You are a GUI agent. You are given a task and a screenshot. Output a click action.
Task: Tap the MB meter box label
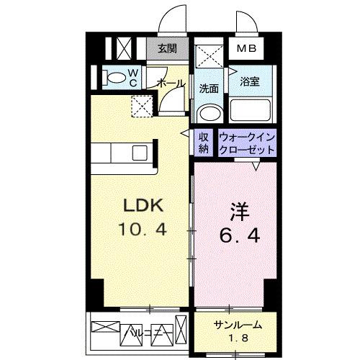point(247,49)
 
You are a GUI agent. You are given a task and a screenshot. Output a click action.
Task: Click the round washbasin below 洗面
point(209,113)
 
